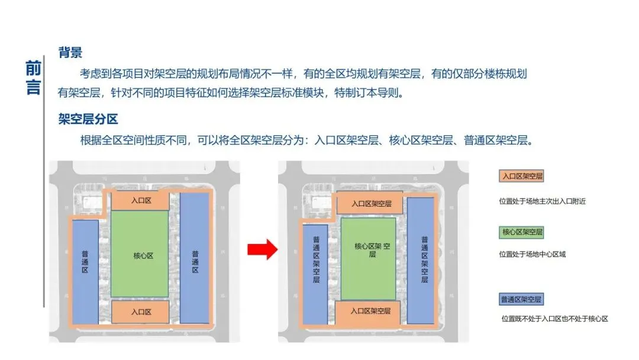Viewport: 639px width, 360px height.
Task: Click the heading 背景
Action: click(x=70, y=53)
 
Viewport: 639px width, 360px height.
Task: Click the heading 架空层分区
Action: click(x=88, y=119)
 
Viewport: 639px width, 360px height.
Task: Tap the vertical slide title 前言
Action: click(x=33, y=77)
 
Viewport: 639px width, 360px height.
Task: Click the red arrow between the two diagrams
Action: click(x=262, y=249)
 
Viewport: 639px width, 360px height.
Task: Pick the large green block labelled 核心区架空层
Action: click(x=369, y=258)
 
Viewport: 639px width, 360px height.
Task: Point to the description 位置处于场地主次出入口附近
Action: click(x=543, y=201)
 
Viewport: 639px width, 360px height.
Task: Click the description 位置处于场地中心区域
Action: click(x=532, y=255)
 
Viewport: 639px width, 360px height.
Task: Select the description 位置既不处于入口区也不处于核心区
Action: click(x=554, y=319)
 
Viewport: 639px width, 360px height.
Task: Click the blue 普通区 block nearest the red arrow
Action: click(x=195, y=258)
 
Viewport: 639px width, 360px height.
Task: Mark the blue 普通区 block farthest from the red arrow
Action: click(x=85, y=271)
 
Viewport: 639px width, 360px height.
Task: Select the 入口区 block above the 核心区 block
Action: click(x=140, y=201)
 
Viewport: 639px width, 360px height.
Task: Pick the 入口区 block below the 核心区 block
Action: click(x=140, y=311)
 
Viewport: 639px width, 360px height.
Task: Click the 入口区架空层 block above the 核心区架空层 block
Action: click(x=371, y=204)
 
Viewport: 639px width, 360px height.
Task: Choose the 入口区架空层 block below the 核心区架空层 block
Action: click(x=370, y=311)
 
